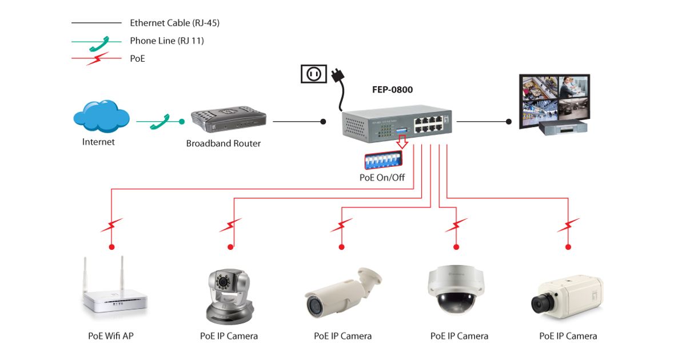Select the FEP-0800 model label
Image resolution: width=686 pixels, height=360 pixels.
click(x=392, y=90)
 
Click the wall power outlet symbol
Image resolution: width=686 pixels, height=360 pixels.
click(x=313, y=74)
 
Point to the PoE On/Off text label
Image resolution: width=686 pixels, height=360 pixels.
click(x=382, y=177)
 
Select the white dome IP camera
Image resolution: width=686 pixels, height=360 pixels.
click(x=456, y=289)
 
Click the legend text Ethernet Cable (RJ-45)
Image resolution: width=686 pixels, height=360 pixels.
click(x=174, y=23)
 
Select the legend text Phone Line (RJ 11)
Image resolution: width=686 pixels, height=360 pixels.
click(x=166, y=41)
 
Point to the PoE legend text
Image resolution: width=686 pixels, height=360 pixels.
click(x=137, y=58)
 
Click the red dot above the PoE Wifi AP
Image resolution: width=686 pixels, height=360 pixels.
click(x=112, y=247)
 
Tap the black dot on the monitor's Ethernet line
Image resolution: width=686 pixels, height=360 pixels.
click(x=508, y=121)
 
